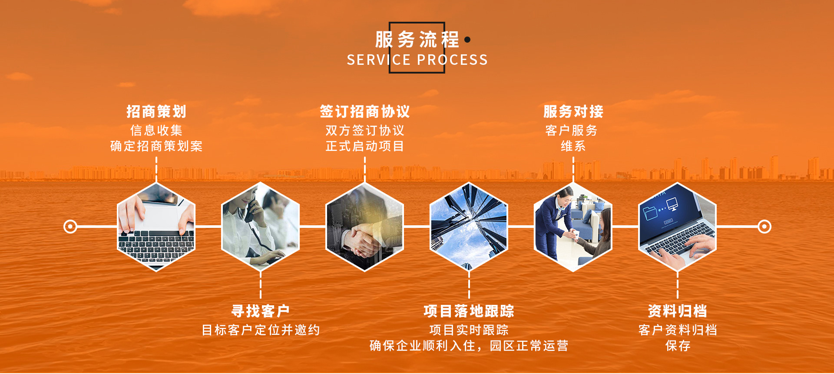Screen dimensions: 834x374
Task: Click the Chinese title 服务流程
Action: click(x=417, y=40)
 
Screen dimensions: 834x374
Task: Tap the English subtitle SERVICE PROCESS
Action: click(x=417, y=60)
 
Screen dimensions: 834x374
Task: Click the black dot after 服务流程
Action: click(x=467, y=40)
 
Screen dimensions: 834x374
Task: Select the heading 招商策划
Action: click(x=156, y=112)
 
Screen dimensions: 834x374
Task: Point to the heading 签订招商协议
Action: click(x=365, y=112)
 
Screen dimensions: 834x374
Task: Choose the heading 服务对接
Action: click(x=573, y=112)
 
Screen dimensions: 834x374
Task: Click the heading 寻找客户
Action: click(x=261, y=311)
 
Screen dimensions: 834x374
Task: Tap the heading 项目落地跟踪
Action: click(x=469, y=311)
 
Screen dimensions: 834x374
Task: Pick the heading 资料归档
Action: click(x=678, y=311)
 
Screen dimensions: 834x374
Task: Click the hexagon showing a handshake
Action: click(x=365, y=227)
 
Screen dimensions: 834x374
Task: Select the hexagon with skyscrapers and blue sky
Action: click(x=469, y=227)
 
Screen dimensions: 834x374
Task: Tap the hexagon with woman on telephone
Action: click(x=261, y=227)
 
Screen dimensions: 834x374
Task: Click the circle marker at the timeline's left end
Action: click(x=70, y=227)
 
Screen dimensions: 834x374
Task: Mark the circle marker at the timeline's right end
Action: click(x=764, y=227)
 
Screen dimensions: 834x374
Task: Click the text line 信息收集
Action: click(x=156, y=130)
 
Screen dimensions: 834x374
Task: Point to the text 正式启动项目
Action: click(x=365, y=146)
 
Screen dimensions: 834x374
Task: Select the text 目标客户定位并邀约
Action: click(x=261, y=330)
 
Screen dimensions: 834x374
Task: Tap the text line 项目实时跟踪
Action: click(x=469, y=330)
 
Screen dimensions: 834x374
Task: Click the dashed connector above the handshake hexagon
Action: click(x=365, y=169)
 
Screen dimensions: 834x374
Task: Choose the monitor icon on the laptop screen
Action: click(x=672, y=204)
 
